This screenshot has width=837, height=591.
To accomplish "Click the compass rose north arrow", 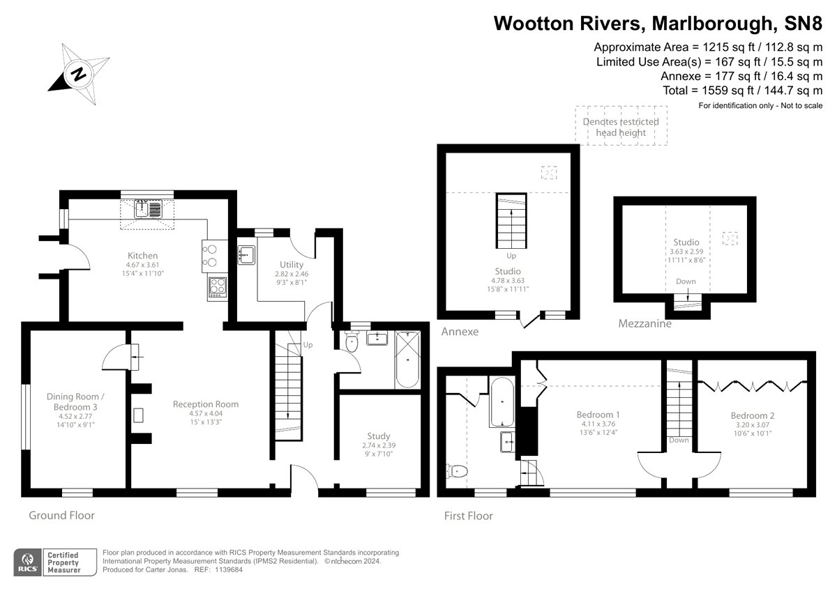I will coord(79,73).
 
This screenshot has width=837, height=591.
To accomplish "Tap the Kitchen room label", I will coord(142,256).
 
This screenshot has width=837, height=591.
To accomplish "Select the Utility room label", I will coord(291,265).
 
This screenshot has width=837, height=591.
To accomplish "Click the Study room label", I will coord(379,436).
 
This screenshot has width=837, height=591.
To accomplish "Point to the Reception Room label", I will coord(206,404).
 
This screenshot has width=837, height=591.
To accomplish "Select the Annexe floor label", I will coord(460,332).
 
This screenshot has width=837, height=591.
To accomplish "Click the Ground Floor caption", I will coord(61,516).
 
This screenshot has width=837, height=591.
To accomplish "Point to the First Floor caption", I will coord(469,516).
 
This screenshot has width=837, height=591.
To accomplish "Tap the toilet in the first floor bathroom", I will coord(457,472).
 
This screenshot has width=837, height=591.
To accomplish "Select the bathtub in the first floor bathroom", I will coord(502,402).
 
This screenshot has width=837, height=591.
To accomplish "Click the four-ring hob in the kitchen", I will coord(217,286).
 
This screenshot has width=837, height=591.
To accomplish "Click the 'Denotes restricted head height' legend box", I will coord(621,126).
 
